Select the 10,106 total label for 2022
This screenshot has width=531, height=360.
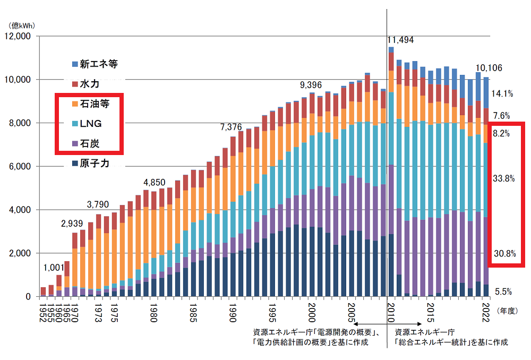[x=489, y=68]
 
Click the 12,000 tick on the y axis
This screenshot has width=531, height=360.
[x=18, y=37]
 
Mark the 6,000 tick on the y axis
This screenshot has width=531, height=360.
[x=20, y=167]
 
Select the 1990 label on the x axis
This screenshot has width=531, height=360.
[x=232, y=310]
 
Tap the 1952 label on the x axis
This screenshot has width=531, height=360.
[x=43, y=310]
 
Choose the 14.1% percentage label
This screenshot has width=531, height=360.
[x=503, y=93]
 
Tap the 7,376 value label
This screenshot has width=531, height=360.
[x=232, y=127]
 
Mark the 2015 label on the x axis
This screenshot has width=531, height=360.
[x=431, y=310]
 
